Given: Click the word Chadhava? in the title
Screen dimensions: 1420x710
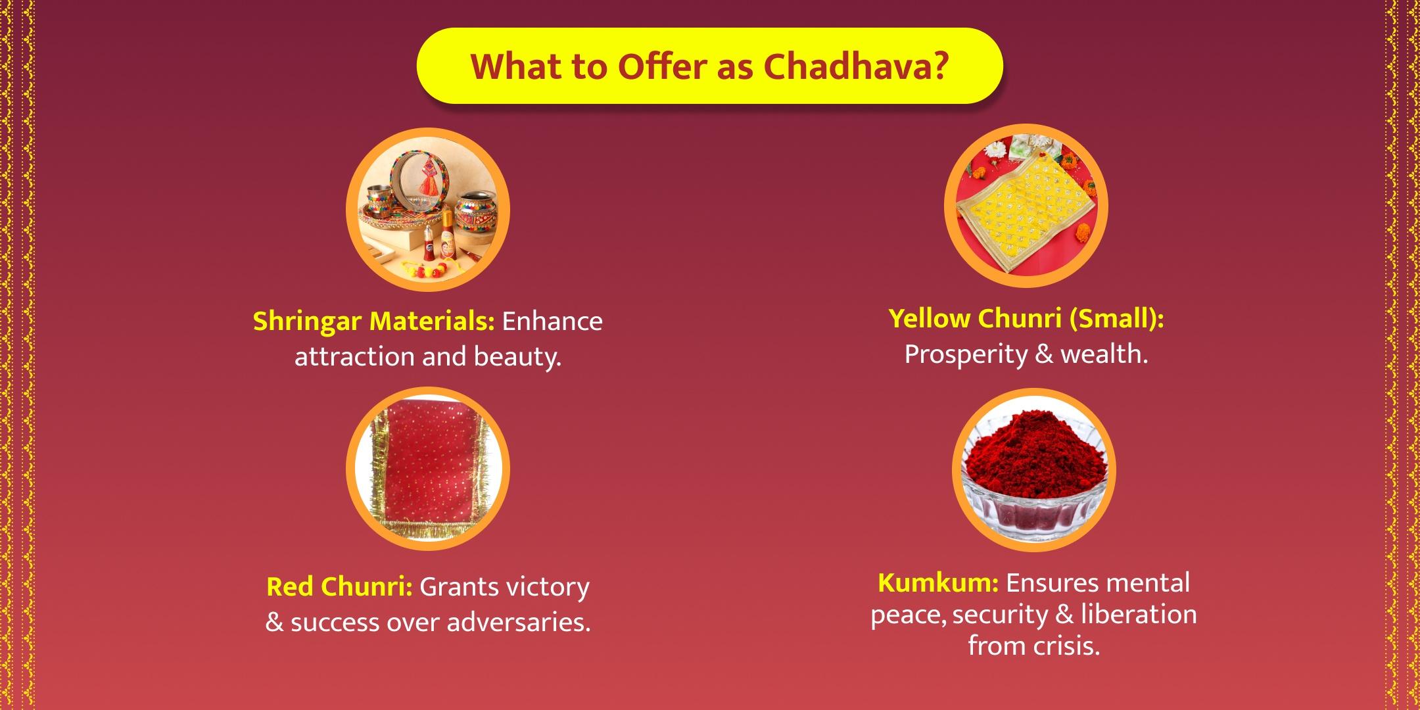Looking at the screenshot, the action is click(857, 66).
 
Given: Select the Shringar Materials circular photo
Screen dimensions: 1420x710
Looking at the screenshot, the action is click(428, 210).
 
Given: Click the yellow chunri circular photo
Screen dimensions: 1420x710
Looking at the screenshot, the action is click(1026, 205).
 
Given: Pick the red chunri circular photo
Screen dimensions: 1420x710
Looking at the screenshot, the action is click(428, 469).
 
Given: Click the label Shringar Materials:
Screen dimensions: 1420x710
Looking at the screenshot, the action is click(374, 322).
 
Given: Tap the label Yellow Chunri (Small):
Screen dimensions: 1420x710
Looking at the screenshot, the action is click(1026, 319).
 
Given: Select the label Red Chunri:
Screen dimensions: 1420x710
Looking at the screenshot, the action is click(339, 586).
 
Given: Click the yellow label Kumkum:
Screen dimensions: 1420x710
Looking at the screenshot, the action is click(938, 582).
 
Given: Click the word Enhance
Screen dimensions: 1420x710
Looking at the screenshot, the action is click(552, 321).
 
